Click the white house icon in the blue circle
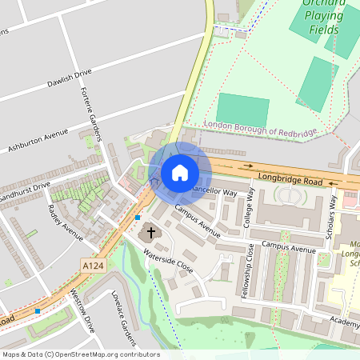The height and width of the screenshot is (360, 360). (180, 172)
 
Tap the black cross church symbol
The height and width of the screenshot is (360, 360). (151, 233)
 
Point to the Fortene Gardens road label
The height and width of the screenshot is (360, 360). (92, 113)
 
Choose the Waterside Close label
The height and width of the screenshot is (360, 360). (169, 261)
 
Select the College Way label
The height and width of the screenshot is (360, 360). (250, 207)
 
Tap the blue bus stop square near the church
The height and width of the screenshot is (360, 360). (138, 217)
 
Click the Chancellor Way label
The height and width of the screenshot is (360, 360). (213, 192)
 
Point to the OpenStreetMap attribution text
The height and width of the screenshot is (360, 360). (80, 354)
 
